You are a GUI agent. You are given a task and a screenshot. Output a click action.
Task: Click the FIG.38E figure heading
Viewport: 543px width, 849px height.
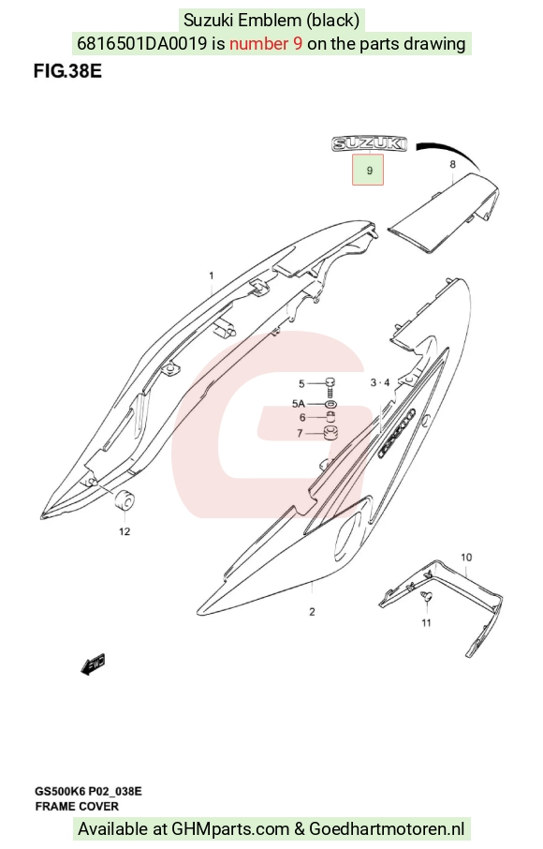[x=67, y=71]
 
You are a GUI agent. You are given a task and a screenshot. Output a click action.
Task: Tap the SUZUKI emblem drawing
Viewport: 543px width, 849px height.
[x=370, y=143]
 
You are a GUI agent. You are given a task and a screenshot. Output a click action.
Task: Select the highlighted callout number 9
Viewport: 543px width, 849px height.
[x=368, y=170]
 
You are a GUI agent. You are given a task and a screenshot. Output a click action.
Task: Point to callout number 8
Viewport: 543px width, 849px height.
[x=453, y=165]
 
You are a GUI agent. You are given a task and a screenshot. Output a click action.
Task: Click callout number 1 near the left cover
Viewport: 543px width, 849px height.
[x=212, y=276]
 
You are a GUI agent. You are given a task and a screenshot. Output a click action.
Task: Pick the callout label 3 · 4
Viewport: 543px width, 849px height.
[x=380, y=383]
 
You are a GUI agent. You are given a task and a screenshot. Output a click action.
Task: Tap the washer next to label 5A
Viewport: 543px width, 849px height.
[x=330, y=404]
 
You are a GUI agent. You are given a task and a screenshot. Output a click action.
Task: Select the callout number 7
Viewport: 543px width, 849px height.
[x=301, y=434]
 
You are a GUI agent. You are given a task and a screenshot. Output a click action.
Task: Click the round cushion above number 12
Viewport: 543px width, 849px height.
[x=125, y=499]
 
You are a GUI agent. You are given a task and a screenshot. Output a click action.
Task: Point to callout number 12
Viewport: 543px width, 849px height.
[x=125, y=531]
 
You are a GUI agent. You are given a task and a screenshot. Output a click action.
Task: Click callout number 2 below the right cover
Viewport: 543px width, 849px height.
[x=312, y=612]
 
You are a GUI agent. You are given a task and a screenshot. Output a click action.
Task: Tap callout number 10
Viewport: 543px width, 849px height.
[x=466, y=558]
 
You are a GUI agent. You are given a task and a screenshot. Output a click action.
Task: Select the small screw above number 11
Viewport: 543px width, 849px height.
[x=427, y=597]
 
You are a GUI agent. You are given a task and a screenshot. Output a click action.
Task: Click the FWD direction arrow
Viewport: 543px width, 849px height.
[x=93, y=664]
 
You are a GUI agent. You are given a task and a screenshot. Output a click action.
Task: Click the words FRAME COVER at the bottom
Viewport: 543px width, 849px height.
[x=77, y=807]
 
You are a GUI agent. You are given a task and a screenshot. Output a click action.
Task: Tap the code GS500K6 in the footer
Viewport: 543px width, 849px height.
[x=60, y=792]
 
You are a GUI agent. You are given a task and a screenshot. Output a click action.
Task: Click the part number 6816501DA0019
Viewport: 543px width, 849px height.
[x=141, y=43]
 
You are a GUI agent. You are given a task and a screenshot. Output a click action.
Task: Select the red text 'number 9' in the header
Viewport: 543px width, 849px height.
[x=266, y=43]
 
